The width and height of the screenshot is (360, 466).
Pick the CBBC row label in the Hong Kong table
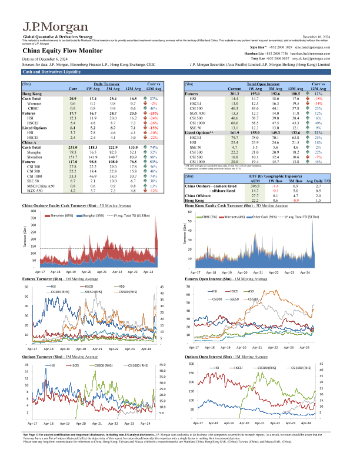pos(34,109)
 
